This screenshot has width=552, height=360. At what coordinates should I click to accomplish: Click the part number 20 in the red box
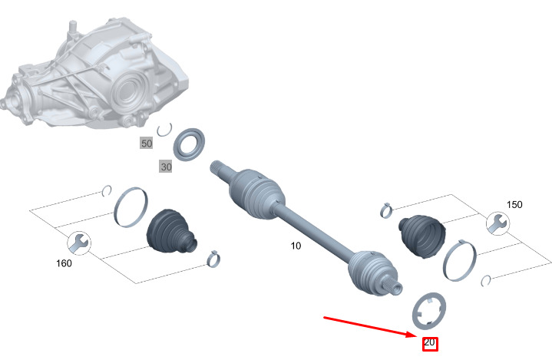tap(429, 342)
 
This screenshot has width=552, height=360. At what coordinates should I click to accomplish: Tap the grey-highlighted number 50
tap(147, 144)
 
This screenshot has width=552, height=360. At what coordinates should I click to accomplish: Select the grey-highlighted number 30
tap(166, 167)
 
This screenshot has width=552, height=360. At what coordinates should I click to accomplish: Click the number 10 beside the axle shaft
tap(296, 246)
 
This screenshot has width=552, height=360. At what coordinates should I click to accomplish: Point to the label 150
tap(514, 204)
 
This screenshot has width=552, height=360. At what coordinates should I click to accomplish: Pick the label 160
tap(64, 263)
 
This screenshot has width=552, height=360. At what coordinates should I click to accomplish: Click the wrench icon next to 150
tap(497, 223)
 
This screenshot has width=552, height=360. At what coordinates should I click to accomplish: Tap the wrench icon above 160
tap(79, 243)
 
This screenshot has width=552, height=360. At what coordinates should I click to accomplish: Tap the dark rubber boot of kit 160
tap(171, 231)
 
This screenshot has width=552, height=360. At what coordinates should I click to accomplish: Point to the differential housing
tap(95, 76)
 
